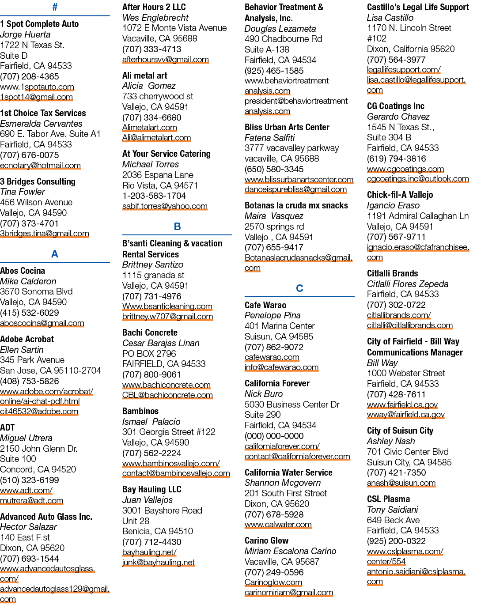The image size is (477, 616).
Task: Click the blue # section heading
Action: (x=55, y=7)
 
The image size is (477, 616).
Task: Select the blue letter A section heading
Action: (x=55, y=254)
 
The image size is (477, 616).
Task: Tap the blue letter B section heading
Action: (x=177, y=227)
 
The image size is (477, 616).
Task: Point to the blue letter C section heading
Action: (x=299, y=288)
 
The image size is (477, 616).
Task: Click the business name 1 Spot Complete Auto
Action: (x=39, y=24)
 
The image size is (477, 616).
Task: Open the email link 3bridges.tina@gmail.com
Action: (x=45, y=234)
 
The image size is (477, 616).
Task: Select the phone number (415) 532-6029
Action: (x=30, y=313)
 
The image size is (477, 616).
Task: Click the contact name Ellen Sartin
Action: (x=22, y=350)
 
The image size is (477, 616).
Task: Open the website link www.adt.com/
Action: (x=26, y=490)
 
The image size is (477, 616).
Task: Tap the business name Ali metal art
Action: (x=144, y=76)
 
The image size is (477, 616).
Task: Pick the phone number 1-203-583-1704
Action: (x=154, y=196)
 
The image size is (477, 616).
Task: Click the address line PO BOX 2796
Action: (x=149, y=354)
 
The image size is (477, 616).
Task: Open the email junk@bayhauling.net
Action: (x=159, y=562)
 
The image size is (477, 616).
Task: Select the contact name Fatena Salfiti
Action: (x=269, y=138)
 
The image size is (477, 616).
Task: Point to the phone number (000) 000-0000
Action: (x=274, y=436)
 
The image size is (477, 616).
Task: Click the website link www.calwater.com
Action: (x=278, y=525)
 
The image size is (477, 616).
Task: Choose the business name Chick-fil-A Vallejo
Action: (x=400, y=195)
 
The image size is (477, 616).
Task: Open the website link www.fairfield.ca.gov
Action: (x=402, y=404)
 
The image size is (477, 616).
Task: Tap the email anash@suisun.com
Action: (x=401, y=483)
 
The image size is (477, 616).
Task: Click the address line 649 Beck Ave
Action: (x=393, y=520)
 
